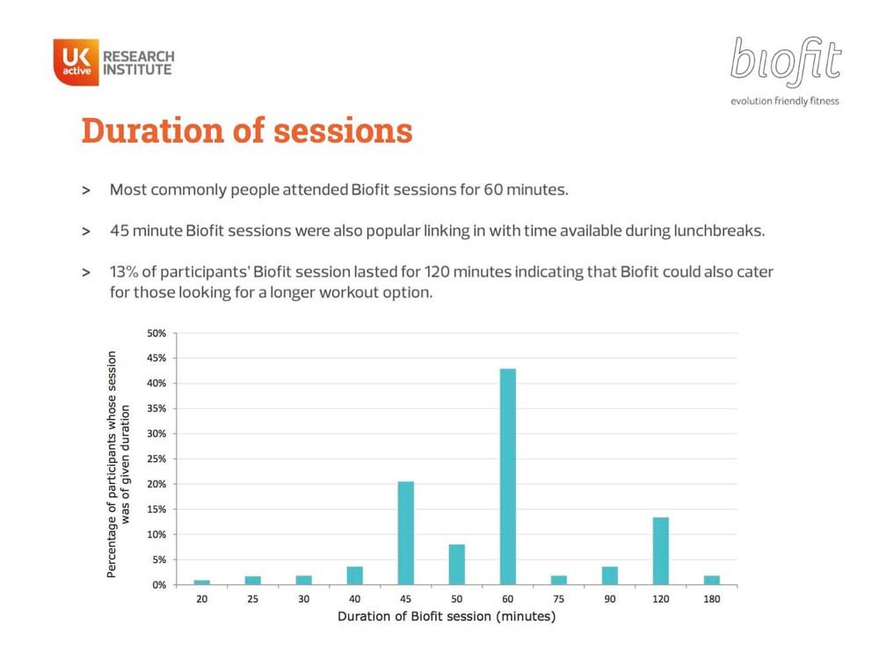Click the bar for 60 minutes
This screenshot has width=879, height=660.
pos(507,476)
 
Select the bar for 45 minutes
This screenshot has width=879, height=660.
pos(406,533)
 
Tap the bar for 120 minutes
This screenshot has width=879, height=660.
pos(660,551)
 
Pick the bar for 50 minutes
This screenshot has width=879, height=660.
pos(457,565)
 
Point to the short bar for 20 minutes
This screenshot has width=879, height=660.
pos(202,583)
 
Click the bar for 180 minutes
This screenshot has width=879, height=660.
pos(711,580)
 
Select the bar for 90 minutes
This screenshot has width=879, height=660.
pos(609,576)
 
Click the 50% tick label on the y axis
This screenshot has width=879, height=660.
pos(156,334)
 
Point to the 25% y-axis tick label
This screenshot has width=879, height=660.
pos(156,459)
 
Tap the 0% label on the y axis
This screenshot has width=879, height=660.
pos(158,585)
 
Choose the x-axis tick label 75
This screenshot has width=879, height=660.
pos(558,598)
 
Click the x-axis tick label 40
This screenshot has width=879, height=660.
pos(355,598)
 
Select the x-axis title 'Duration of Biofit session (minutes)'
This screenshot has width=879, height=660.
pos(447,616)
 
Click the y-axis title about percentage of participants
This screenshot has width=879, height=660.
pos(119,464)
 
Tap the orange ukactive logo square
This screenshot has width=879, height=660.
pos(76,62)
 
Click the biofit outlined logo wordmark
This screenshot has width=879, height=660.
pos(785,62)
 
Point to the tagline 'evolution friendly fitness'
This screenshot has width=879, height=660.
pos(785,101)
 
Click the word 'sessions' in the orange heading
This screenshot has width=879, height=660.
pos(343,131)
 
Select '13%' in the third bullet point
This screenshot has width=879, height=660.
pos(123,272)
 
